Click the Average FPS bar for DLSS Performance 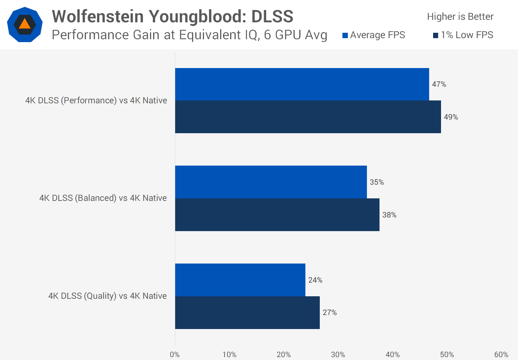click(x=302, y=84)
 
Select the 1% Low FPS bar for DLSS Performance click(x=308, y=117)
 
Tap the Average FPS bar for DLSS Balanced click(x=271, y=182)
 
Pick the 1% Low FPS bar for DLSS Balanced click(x=277, y=215)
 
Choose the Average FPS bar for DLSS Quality click(x=240, y=280)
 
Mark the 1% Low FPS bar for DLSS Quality click(x=247, y=312)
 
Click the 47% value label click(x=439, y=84)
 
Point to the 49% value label click(x=451, y=117)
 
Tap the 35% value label click(x=377, y=182)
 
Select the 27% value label click(x=330, y=312)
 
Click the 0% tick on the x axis click(x=175, y=355)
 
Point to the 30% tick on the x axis click(x=338, y=355)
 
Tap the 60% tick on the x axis click(x=501, y=355)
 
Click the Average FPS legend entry click(x=374, y=35)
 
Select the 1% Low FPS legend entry click(x=463, y=35)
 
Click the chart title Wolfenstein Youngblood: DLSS click(x=173, y=17)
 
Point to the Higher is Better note click(x=460, y=17)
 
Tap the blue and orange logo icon click(x=25, y=24)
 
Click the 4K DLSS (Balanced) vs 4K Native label click(x=103, y=198)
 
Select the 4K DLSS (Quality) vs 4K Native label click(x=108, y=296)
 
